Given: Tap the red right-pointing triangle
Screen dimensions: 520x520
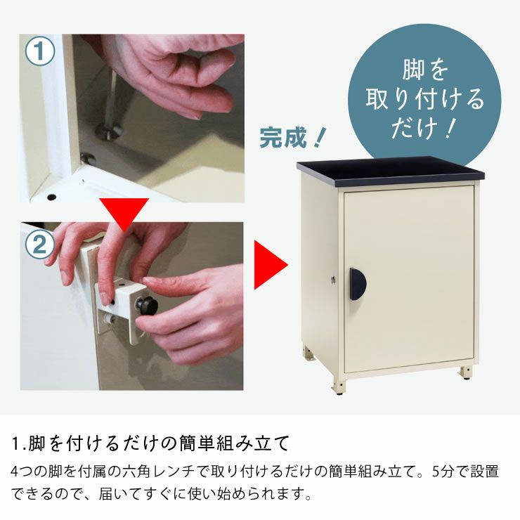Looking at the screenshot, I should click(270, 266).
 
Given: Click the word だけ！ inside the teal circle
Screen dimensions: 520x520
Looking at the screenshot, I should click(424, 126).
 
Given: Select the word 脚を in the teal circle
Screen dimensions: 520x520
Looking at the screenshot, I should click(424, 72).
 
